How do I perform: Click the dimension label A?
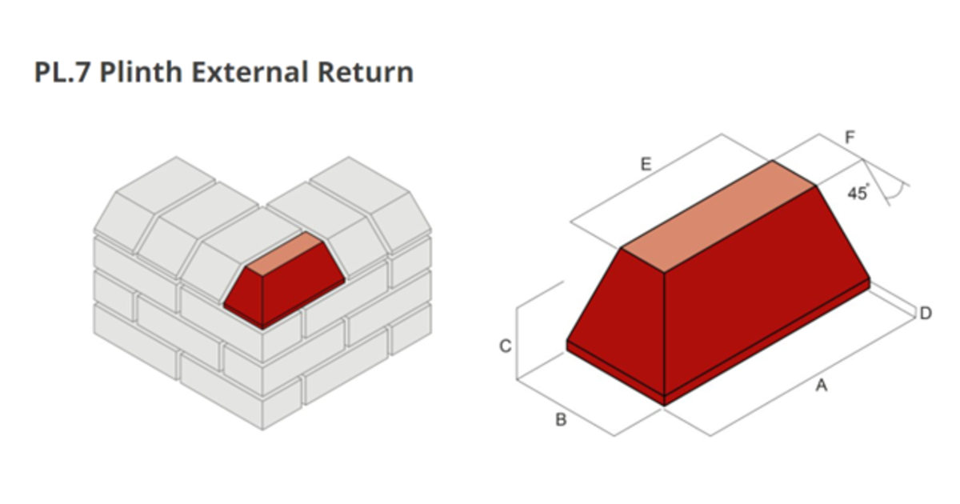(821, 386)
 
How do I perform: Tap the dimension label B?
(561, 419)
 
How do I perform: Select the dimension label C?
(505, 346)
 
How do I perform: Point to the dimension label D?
(925, 314)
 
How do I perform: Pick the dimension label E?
(646, 165)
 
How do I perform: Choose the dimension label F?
(850, 138)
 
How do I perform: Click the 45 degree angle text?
(858, 194)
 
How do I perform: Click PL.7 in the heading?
(59, 72)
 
